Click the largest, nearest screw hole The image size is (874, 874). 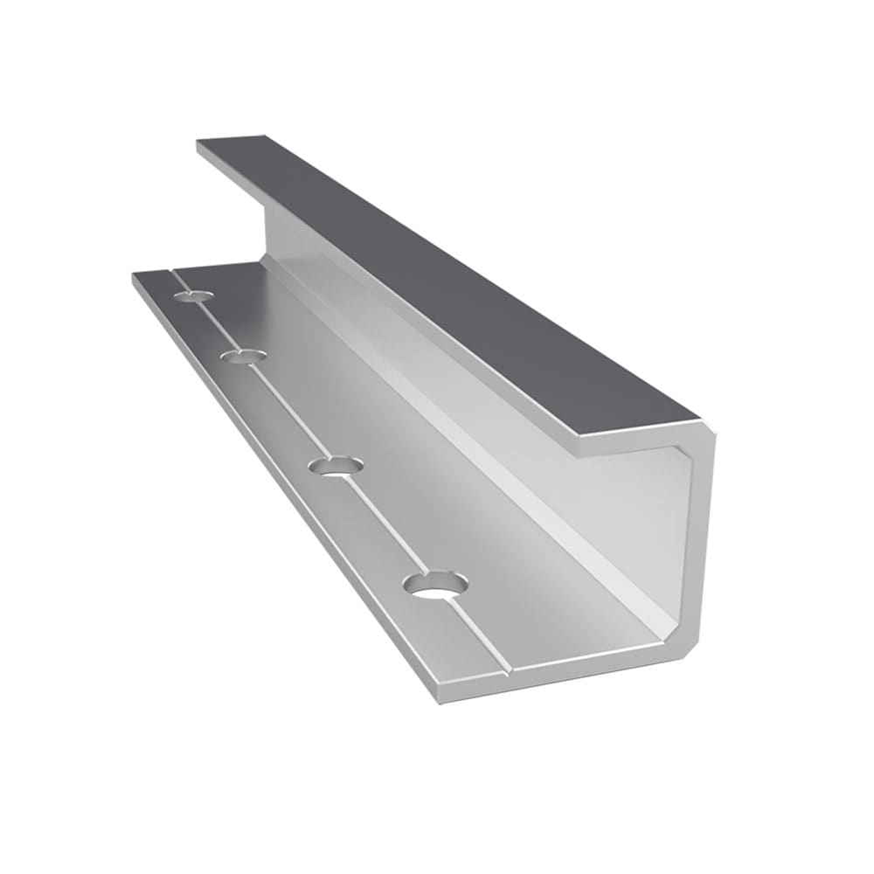tap(435, 584)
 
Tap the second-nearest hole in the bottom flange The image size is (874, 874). tap(336, 466)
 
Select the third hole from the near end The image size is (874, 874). tap(243, 356)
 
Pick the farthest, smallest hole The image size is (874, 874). tap(193, 296)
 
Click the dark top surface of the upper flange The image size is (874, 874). tap(437, 280)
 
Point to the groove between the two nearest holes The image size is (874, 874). tap(385, 524)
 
